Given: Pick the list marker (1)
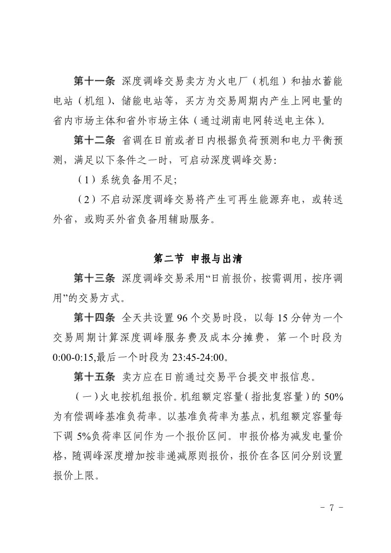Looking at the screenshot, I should coord(86,180).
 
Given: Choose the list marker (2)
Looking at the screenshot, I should coord(86,200).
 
